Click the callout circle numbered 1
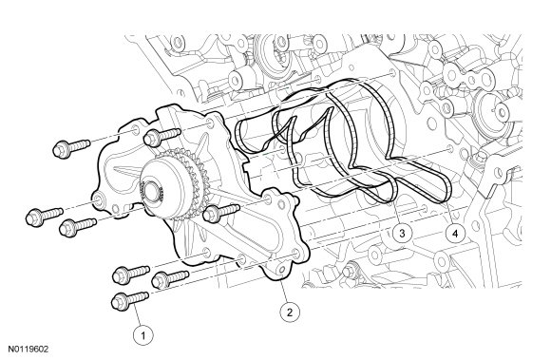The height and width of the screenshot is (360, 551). point(143,336)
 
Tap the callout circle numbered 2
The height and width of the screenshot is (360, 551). point(290,312)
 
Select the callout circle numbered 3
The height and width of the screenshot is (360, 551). point(402,233)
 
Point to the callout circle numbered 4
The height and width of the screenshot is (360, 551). point(455,234)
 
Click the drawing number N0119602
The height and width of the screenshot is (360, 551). point(28,350)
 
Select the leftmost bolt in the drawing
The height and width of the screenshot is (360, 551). point(45,216)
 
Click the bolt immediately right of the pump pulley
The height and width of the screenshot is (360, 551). point(221,212)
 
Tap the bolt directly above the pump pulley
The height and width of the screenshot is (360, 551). point(162,136)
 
